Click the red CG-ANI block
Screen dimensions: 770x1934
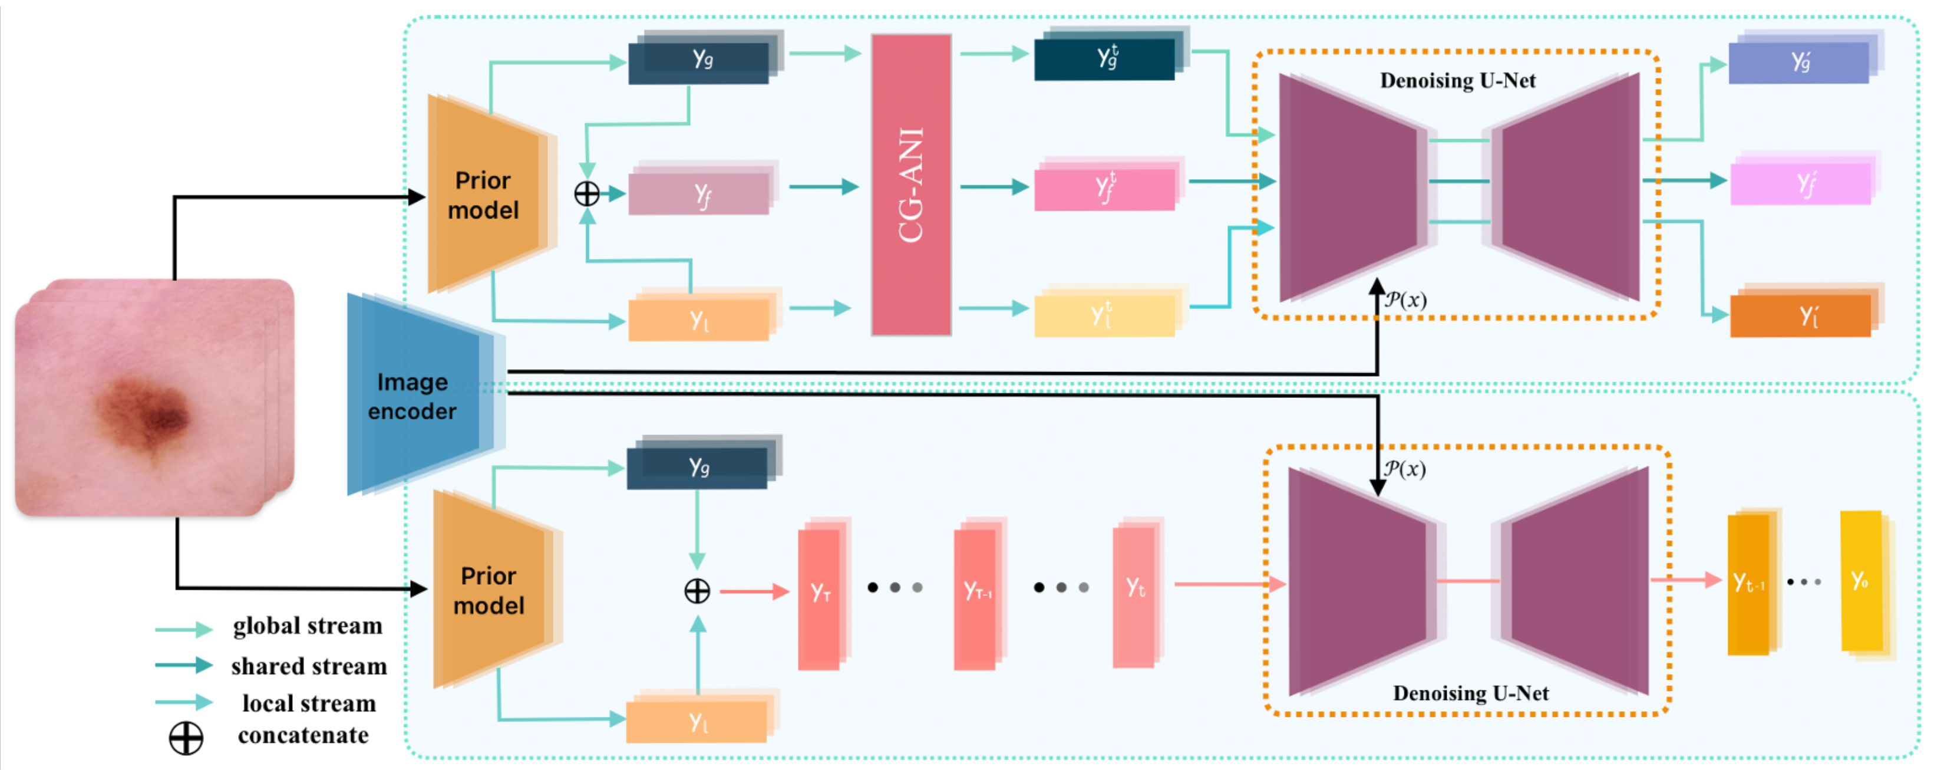pos(910,185)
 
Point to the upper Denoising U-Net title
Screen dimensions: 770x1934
pos(1457,80)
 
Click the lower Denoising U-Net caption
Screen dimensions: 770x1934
pos(1470,693)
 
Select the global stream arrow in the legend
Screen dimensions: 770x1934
pos(184,628)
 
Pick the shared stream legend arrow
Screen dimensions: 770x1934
pos(184,665)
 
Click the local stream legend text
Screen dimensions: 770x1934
pos(309,703)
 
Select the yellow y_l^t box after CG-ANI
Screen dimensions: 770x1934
pos(1104,315)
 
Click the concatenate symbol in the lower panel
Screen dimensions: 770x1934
pos(697,591)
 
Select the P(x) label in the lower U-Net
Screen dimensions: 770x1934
pos(1405,469)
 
